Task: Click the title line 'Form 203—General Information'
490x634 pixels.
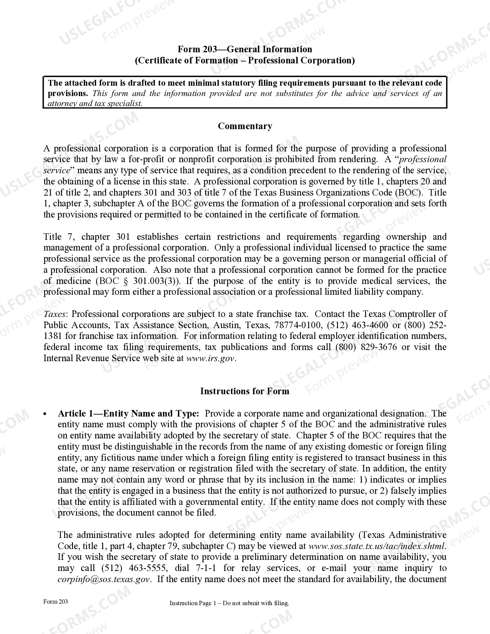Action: tap(245, 49)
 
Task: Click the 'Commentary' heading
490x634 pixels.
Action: tap(245, 126)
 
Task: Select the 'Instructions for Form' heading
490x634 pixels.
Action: tap(245, 391)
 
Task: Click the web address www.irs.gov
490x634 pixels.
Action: tap(210, 358)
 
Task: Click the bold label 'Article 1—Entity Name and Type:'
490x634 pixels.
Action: tap(128, 414)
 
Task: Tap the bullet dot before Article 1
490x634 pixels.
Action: tap(45, 414)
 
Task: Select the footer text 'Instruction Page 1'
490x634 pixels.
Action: tap(191, 603)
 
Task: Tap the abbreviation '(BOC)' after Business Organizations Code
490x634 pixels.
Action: tap(409, 193)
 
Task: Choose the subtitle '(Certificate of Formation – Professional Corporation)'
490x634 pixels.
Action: tap(245, 60)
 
